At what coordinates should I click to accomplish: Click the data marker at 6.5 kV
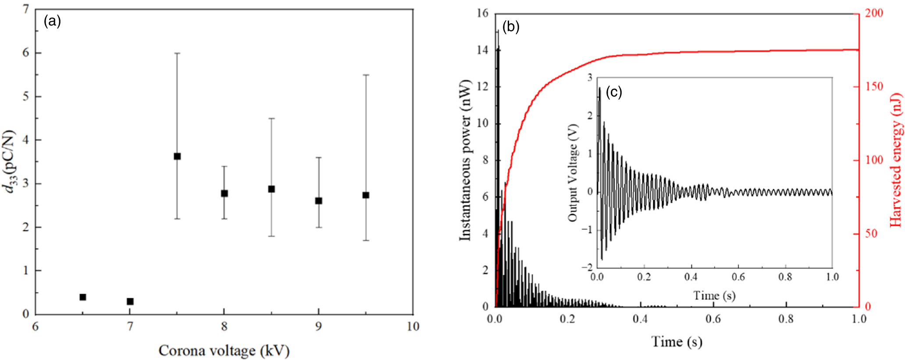pos(83,297)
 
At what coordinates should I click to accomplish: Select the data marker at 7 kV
pos(130,302)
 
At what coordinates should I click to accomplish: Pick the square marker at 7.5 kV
pos(177,157)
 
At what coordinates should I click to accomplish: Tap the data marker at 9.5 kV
pos(366,195)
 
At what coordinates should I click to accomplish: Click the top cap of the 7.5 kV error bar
pos(177,53)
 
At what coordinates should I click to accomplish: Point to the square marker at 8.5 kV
pos(271,189)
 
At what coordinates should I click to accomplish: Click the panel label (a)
pos(52,21)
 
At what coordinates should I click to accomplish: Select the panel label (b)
pos(510,27)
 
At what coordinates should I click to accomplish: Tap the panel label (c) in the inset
pos(613,92)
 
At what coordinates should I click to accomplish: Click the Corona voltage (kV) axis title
pos(224,351)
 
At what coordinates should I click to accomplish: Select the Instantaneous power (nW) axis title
pos(464,160)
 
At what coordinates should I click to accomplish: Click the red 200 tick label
pos(874,13)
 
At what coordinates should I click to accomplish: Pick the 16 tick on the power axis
pos(482,13)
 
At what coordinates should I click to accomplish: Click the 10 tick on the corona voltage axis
pos(413,327)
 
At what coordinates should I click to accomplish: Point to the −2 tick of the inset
pos(586,267)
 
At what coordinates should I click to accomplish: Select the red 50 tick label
pos(871,234)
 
